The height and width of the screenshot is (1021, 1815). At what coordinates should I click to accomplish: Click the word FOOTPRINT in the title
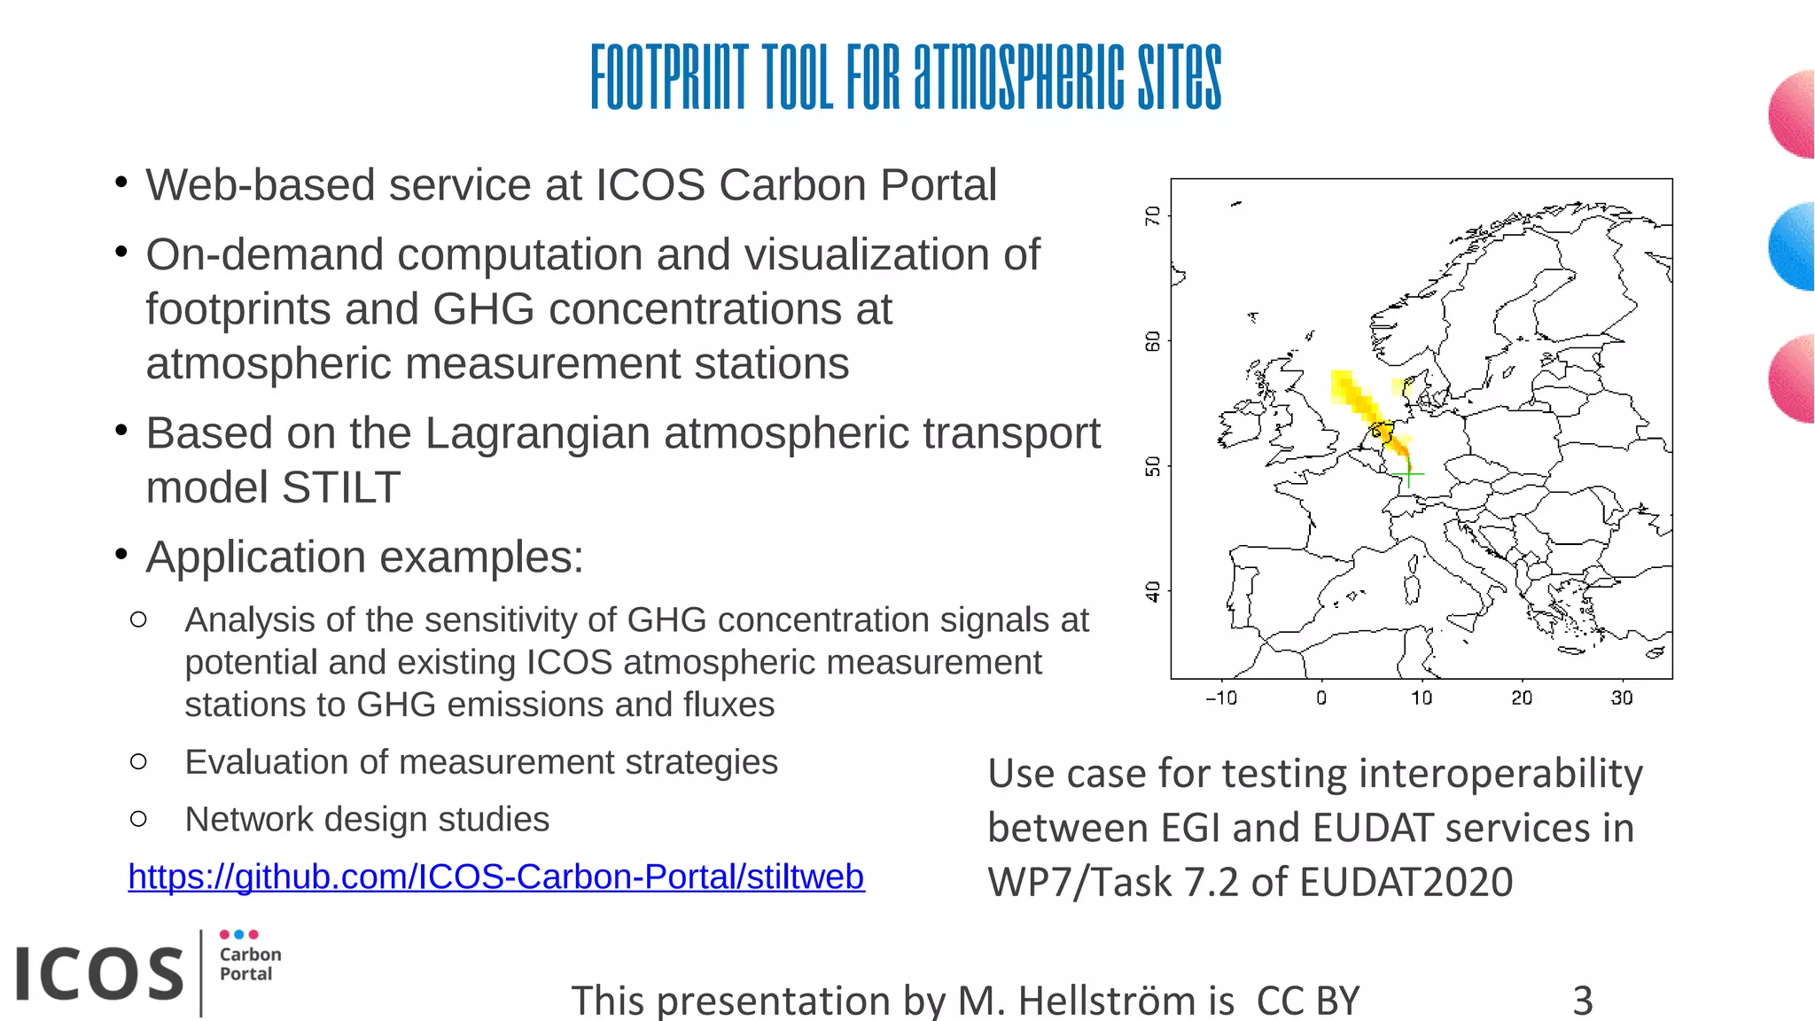[670, 77]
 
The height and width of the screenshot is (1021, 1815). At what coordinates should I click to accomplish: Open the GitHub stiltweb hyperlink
[496, 877]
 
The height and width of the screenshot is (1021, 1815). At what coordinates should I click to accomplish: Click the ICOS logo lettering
[99, 974]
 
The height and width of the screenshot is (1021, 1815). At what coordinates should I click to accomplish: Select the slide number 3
[1583, 1001]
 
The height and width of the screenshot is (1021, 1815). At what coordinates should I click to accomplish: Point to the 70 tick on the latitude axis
[1152, 215]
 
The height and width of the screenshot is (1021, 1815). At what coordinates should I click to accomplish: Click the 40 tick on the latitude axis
[1152, 591]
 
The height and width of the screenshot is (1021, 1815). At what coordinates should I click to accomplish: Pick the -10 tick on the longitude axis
[1221, 698]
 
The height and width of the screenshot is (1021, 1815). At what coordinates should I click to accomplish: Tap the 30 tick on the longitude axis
[1622, 698]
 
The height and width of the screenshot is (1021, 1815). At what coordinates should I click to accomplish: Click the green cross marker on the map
[1408, 475]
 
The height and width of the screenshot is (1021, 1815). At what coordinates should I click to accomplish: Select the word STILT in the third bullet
[341, 487]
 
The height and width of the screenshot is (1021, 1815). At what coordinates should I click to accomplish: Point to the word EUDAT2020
[1425, 883]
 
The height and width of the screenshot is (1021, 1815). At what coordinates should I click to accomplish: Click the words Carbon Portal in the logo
[250, 964]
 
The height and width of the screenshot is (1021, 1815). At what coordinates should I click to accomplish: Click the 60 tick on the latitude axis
[1152, 341]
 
